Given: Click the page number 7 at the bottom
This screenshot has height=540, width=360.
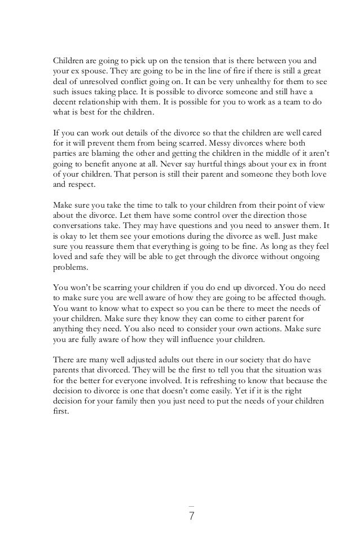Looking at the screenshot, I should (191, 515).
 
